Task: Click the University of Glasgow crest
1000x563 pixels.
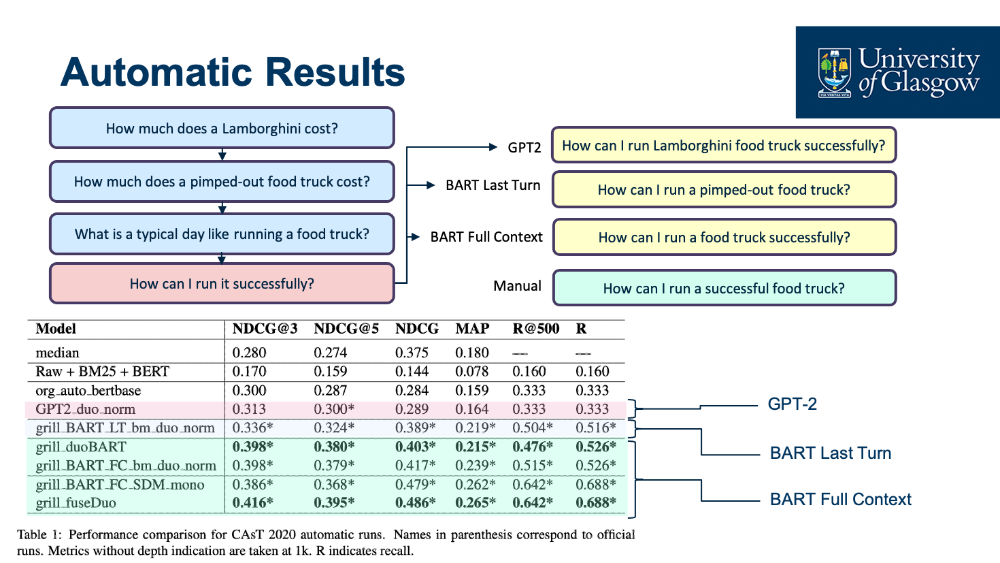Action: [835, 73]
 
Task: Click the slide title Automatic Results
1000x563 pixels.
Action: [233, 72]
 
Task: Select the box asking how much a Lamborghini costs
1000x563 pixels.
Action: [222, 128]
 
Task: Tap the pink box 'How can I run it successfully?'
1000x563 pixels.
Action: [222, 283]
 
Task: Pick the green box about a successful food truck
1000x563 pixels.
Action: [724, 288]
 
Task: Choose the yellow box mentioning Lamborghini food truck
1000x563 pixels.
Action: [724, 145]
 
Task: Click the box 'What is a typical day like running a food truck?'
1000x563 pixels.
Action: [222, 234]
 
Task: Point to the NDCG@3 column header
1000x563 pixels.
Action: [265, 329]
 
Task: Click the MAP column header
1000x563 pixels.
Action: [472, 329]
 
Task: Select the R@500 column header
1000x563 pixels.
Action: [535, 329]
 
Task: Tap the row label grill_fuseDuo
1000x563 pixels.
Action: [76, 503]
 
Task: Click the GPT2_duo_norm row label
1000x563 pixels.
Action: [86, 409]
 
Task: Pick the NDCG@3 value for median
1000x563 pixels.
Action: [249, 353]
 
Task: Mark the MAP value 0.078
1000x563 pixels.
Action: [472, 372]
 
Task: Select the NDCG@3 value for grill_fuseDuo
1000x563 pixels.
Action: [252, 503]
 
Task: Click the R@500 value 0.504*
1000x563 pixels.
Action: [533, 428]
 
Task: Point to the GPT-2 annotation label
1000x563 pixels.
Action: [792, 404]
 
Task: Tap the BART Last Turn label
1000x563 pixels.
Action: [830, 453]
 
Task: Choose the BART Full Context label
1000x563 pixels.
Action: [840, 500]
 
